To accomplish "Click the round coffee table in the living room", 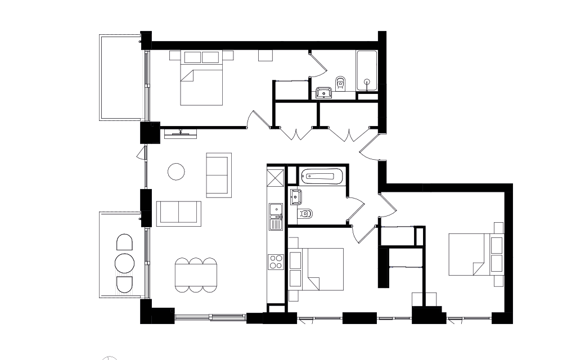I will point(177,172).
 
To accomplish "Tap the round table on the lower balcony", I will point(124,263).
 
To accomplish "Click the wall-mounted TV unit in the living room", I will point(180,133).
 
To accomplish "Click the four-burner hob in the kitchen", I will point(276,262).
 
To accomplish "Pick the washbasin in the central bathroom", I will point(296,197).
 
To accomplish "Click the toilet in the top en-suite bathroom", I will point(339,83).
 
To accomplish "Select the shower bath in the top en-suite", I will point(367,70).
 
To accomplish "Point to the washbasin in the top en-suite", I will point(325,92).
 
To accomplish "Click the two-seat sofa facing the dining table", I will point(178,213).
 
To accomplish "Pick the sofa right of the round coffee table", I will point(218,174).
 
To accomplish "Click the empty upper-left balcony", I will point(121,77).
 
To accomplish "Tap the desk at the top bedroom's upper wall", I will point(265,56).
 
